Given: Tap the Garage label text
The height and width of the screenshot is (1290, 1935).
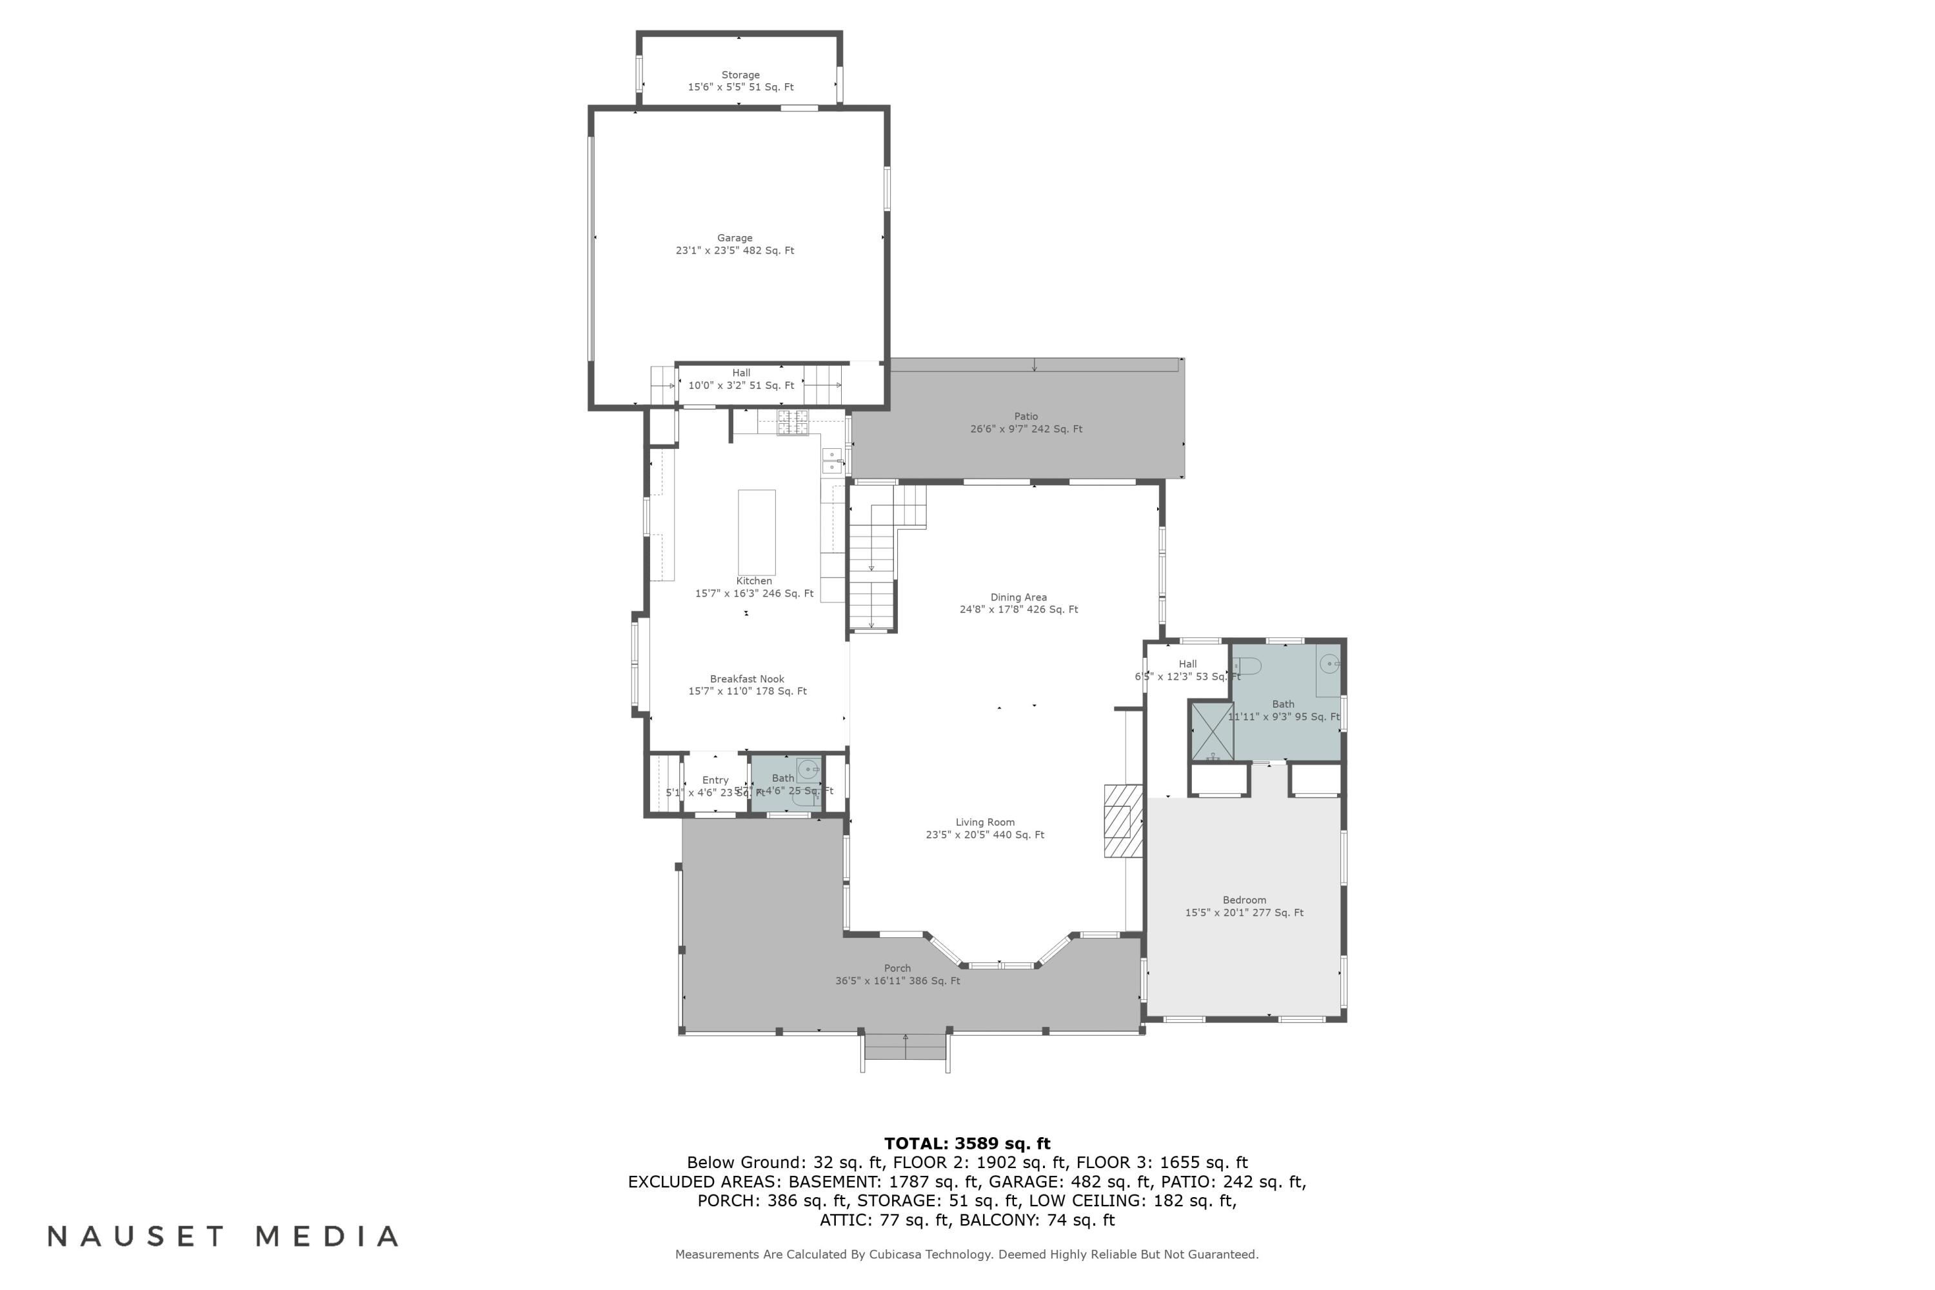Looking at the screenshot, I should pyautogui.click(x=735, y=238).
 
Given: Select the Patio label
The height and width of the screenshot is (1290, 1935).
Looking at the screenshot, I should pyautogui.click(x=1026, y=416).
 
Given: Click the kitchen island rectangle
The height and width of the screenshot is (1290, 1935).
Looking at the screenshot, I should pyautogui.click(x=756, y=532).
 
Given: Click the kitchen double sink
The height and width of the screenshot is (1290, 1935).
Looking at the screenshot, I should pyautogui.click(x=832, y=461).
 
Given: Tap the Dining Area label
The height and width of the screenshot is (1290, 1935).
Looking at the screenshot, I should pyautogui.click(x=1018, y=597).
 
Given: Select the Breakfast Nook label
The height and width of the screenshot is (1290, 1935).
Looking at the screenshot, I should pyautogui.click(x=747, y=679).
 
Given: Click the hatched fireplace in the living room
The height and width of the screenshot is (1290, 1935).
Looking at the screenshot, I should pyautogui.click(x=1122, y=820).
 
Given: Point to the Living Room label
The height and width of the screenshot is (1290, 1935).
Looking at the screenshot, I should pyautogui.click(x=985, y=822).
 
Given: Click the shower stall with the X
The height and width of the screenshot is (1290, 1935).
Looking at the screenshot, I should pyautogui.click(x=1212, y=731).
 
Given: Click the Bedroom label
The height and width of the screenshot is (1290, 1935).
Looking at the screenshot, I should pyautogui.click(x=1244, y=900).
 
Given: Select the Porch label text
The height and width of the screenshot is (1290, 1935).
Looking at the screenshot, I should pyautogui.click(x=898, y=968).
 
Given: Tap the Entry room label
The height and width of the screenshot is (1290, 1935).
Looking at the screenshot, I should pyautogui.click(x=715, y=780).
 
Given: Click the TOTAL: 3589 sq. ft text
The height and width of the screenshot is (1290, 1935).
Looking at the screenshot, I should pyautogui.click(x=967, y=1143).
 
